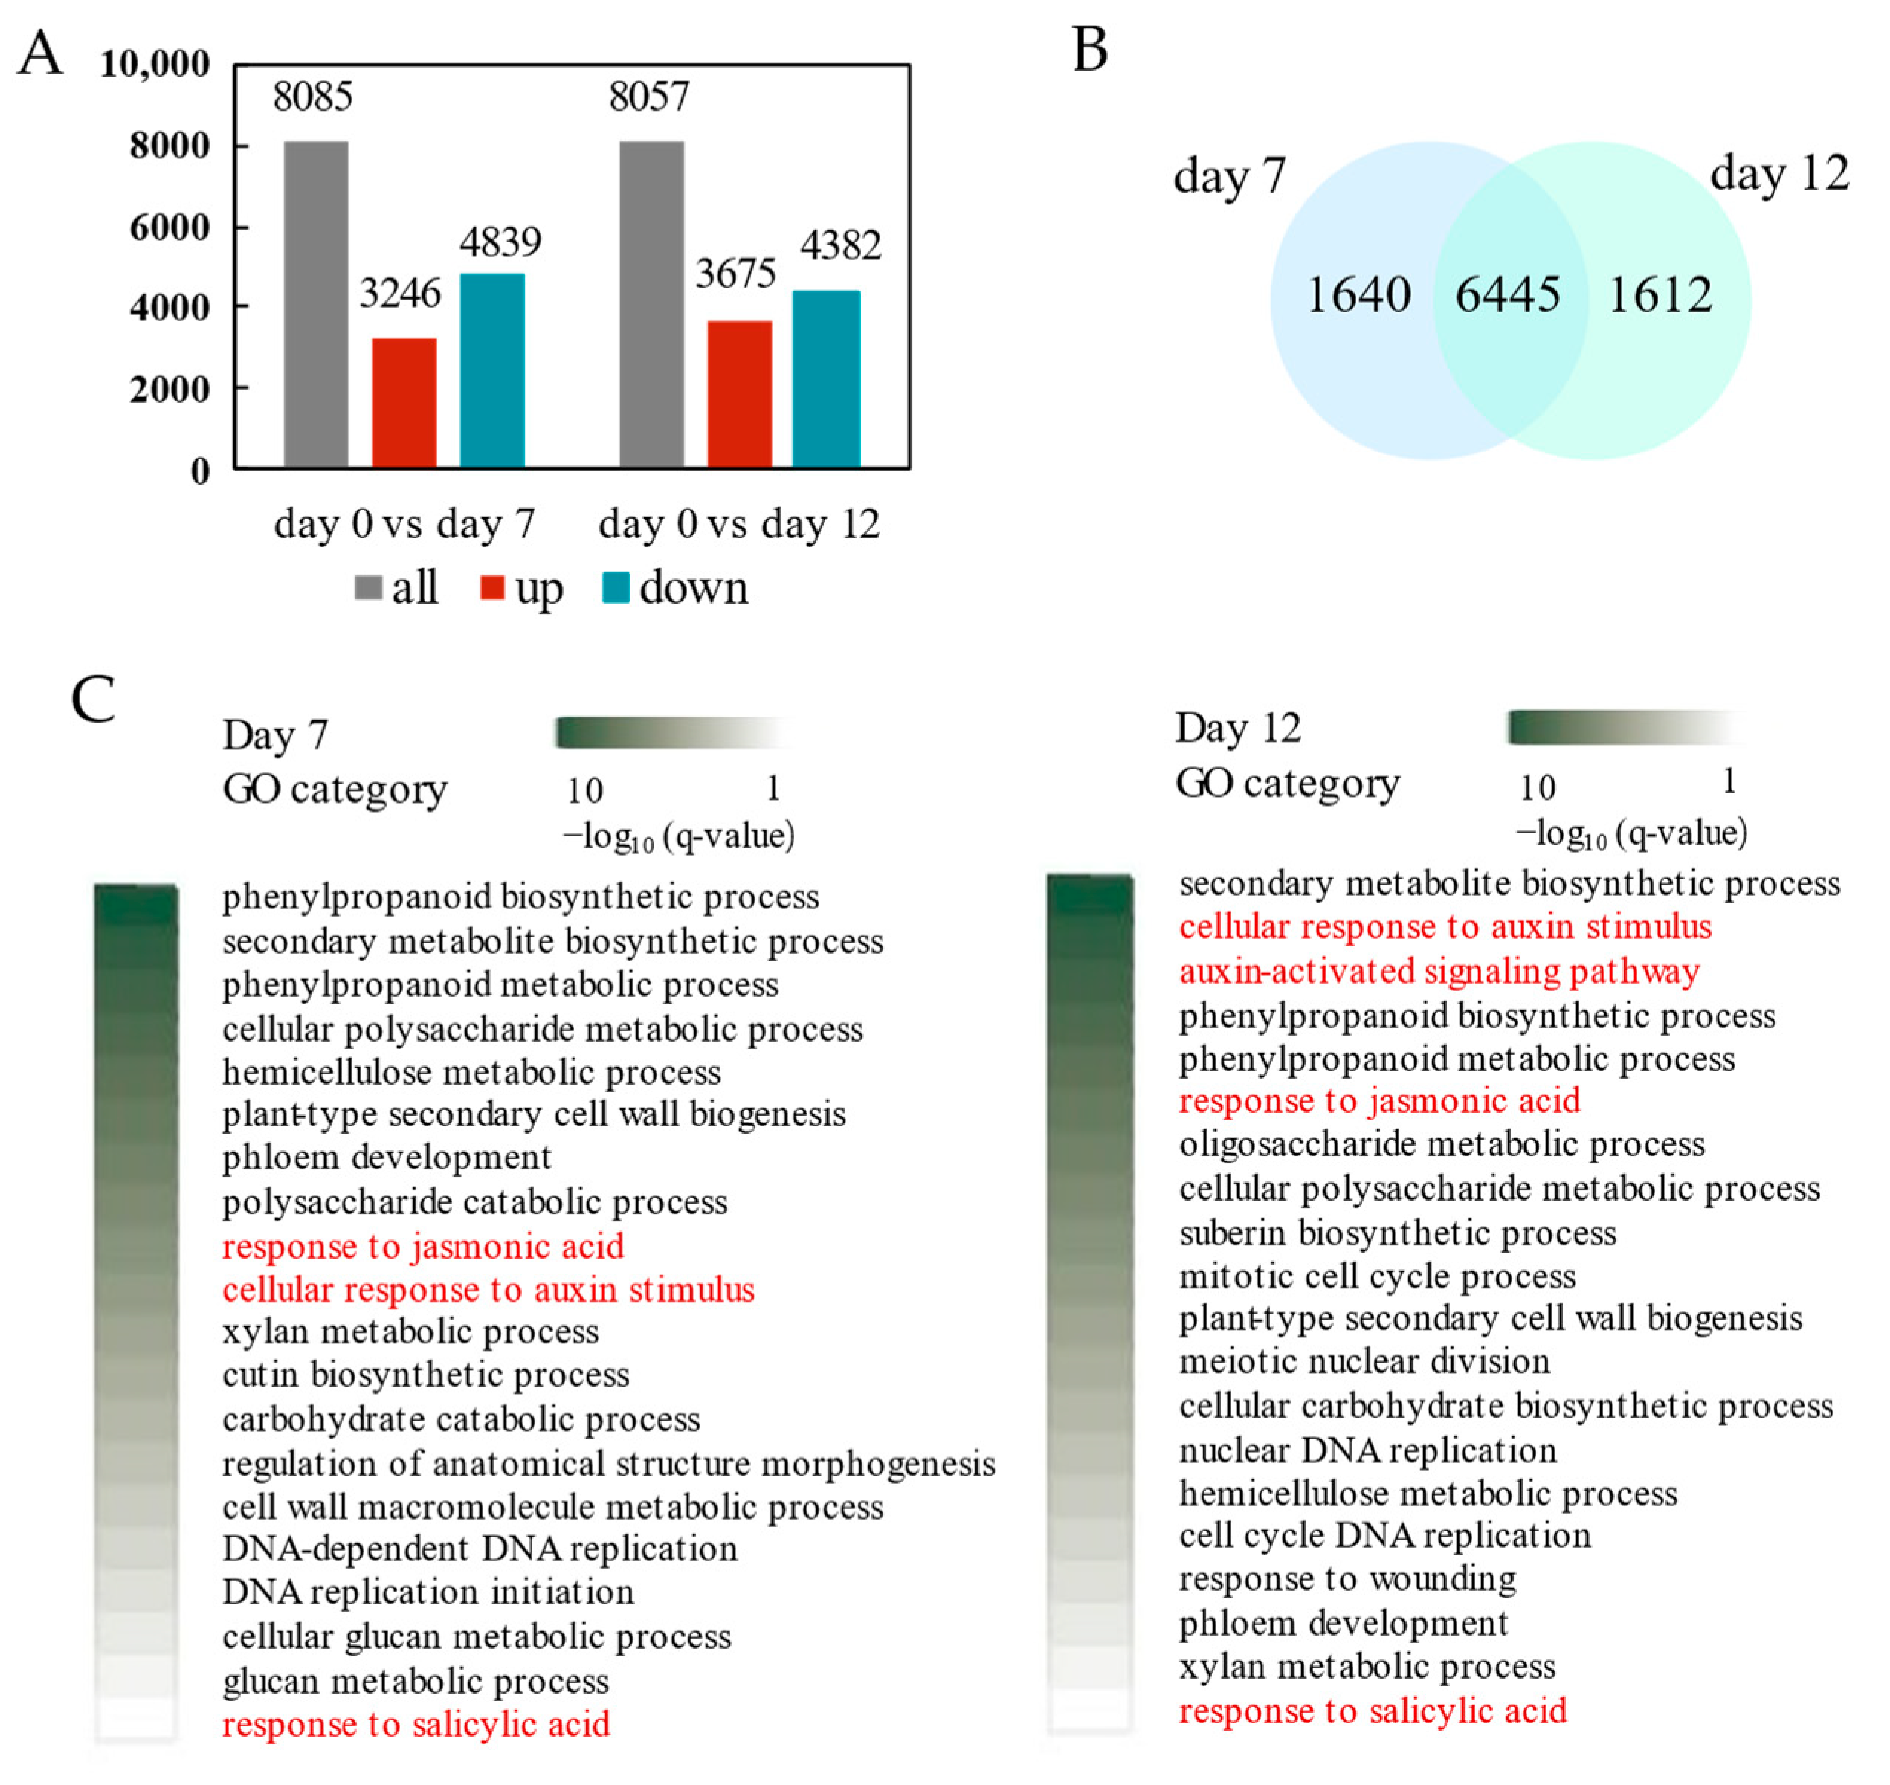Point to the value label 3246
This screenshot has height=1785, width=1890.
[x=400, y=293]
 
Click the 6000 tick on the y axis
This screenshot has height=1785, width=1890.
[x=170, y=227]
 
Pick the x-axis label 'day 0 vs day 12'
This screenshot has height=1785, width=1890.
[x=738, y=524]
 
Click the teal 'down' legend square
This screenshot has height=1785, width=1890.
[x=616, y=588]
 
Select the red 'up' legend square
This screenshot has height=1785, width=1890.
[x=492, y=588]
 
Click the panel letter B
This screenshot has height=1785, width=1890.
[x=1090, y=50]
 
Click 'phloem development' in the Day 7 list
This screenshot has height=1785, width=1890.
[x=387, y=1158]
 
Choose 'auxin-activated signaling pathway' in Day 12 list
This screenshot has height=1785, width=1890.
[x=1439, y=972]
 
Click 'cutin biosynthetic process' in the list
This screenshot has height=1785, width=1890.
[x=425, y=1375]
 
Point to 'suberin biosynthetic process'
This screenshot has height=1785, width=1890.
[x=1397, y=1233]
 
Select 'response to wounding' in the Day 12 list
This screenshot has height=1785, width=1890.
[x=1346, y=1580]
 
